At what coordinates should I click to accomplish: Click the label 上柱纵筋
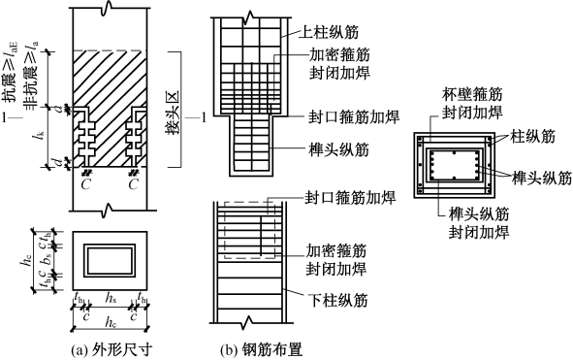[329, 32]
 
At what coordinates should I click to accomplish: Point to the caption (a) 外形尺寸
[111, 350]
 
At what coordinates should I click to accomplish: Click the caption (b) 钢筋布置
[262, 350]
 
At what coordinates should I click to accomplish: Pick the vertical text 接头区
[173, 113]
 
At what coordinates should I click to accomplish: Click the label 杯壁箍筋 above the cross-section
[472, 94]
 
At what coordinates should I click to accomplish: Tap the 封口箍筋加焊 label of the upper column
[354, 117]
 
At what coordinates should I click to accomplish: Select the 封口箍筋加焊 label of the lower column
[350, 198]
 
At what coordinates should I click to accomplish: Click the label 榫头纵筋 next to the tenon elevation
[338, 150]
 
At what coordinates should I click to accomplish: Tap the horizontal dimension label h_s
[111, 300]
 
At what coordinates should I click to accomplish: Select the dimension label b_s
[47, 259]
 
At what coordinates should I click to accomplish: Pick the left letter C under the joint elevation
[85, 185]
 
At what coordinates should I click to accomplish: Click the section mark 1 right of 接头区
[204, 117]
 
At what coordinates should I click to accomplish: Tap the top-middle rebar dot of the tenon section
[454, 152]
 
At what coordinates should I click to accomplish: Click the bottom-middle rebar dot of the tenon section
[454, 179]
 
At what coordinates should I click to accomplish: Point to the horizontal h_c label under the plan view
[111, 323]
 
